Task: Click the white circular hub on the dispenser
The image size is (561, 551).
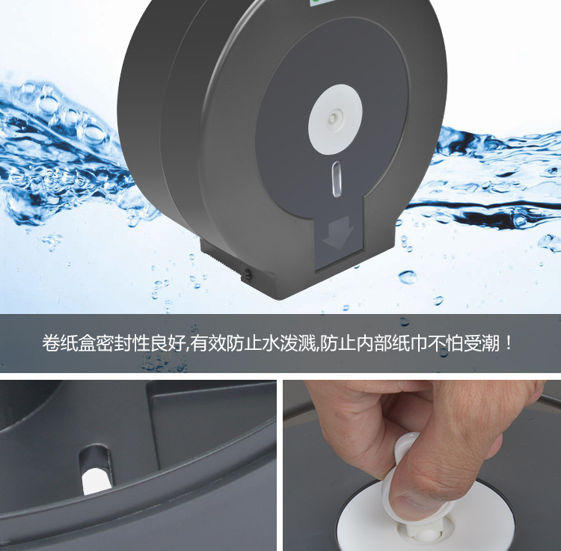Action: [335, 120]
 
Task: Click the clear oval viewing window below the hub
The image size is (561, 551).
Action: [337, 179]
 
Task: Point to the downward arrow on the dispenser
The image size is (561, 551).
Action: [338, 232]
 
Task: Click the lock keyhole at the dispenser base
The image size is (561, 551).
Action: [247, 274]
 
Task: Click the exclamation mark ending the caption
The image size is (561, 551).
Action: [509, 343]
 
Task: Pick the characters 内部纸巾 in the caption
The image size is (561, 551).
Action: [391, 343]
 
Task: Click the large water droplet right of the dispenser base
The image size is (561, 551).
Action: [408, 277]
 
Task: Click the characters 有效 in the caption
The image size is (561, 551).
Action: [208, 343]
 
